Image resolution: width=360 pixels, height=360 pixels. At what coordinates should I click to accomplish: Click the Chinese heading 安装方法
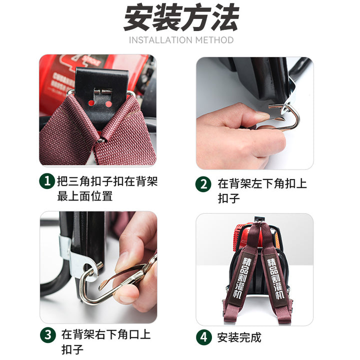181,17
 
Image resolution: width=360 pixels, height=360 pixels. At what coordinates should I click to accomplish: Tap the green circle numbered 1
47,181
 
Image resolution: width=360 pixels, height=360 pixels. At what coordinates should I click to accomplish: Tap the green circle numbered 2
203,184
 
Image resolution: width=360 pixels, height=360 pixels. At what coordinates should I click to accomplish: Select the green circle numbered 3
48,334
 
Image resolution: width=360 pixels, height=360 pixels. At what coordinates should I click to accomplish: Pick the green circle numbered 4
204,337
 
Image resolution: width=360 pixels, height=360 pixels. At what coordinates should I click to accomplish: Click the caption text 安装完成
239,337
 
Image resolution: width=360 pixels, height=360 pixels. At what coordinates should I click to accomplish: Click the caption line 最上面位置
85,196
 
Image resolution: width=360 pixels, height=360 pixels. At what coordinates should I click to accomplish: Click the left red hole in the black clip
91,103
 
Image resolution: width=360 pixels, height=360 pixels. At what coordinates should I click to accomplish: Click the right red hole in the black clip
108,104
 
